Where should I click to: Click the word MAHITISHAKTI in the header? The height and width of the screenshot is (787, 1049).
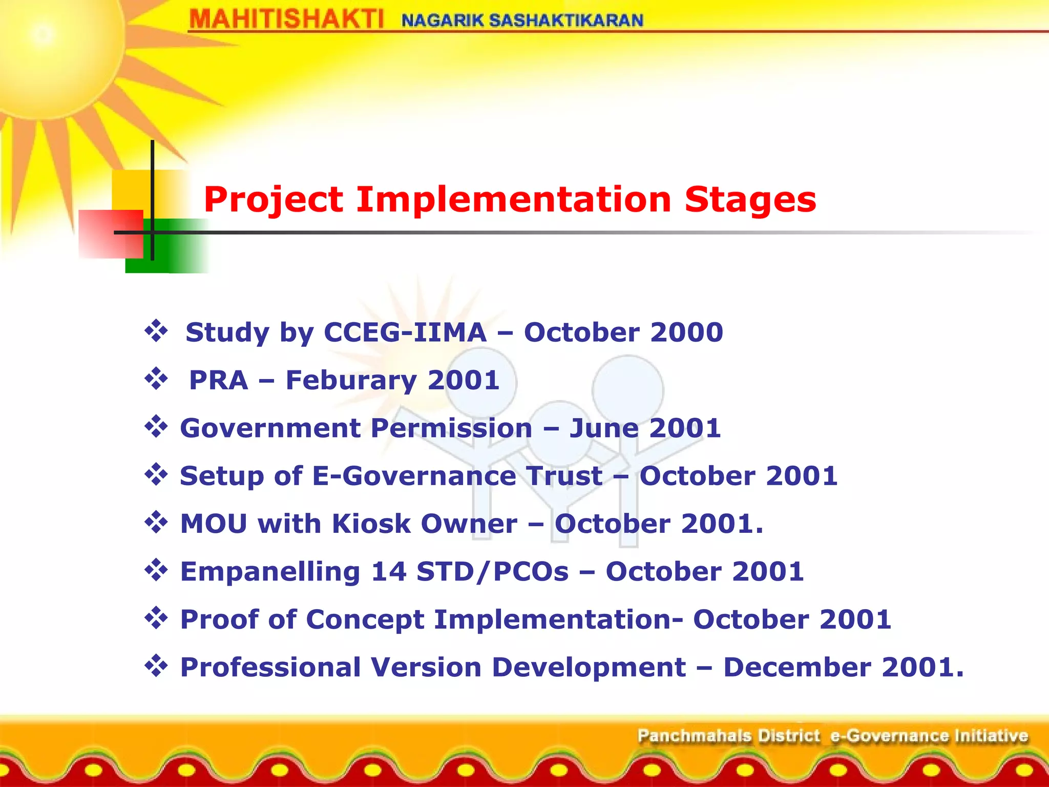tap(286, 20)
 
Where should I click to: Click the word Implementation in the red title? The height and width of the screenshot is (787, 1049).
tap(513, 199)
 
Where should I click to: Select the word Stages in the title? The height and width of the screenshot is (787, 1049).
tap(750, 199)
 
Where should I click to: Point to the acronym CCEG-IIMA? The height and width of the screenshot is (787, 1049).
tap(405, 332)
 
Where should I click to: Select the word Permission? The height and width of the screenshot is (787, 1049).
tap(451, 428)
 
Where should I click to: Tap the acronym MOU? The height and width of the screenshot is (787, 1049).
tap(214, 524)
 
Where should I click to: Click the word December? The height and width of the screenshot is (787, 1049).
tap(796, 667)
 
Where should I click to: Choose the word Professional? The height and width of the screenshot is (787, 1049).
tap(270, 667)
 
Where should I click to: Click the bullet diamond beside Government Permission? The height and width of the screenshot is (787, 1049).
tap(156, 427)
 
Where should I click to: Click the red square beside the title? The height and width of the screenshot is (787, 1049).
tap(111, 234)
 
